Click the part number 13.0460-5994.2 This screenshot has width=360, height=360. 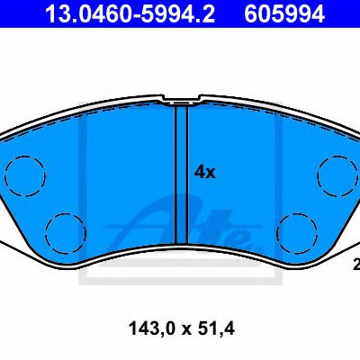point(130,13)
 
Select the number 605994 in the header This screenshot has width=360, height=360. point(284,13)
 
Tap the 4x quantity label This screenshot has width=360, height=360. point(205,173)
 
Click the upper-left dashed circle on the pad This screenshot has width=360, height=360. point(25,175)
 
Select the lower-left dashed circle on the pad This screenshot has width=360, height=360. point(66,233)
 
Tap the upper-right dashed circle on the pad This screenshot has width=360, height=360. point(337,175)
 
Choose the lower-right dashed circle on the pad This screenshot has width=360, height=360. point(297,233)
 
